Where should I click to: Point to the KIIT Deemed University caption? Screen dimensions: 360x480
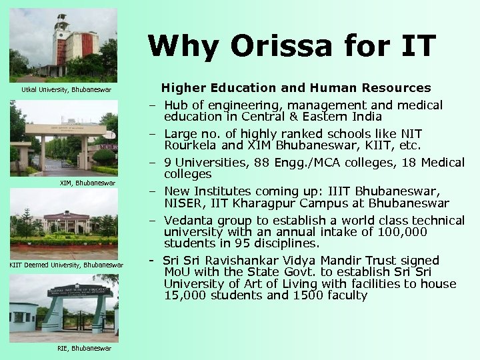pyautogui.click(x=66, y=265)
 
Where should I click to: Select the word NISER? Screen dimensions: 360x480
pyautogui.click(x=185, y=203)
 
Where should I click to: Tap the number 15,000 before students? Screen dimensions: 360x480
pyautogui.click(x=183, y=295)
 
